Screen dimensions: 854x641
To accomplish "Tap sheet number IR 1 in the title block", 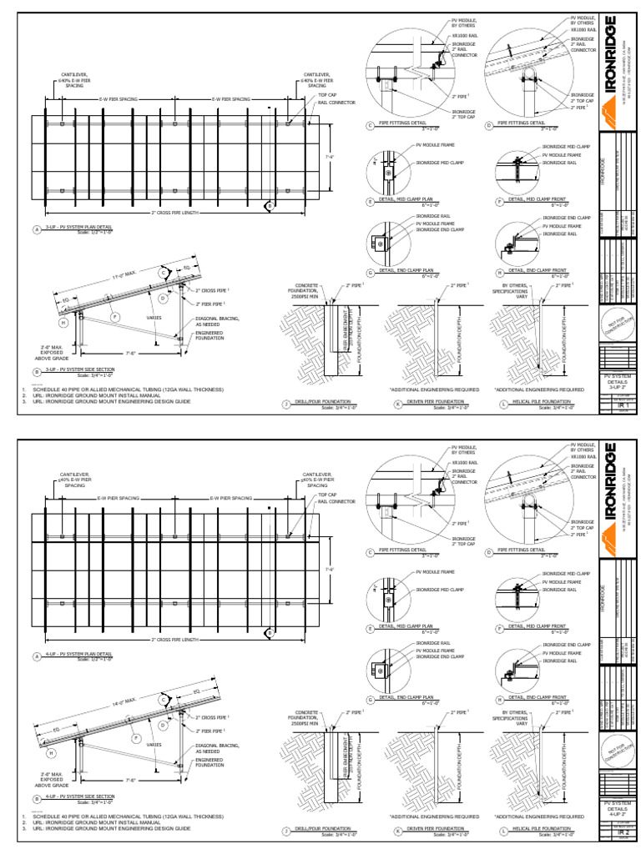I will [x=619, y=404].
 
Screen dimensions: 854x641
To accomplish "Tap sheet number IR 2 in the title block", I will [x=619, y=831].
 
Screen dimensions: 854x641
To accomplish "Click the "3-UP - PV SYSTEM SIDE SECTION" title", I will [x=78, y=371].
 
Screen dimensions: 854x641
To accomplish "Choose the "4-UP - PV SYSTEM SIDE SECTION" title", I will [x=78, y=798].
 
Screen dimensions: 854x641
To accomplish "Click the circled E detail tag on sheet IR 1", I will [x=371, y=202].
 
